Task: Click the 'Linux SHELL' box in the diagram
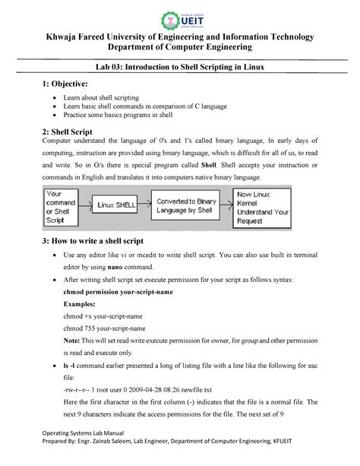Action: (115, 205)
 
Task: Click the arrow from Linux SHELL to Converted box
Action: (148, 205)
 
